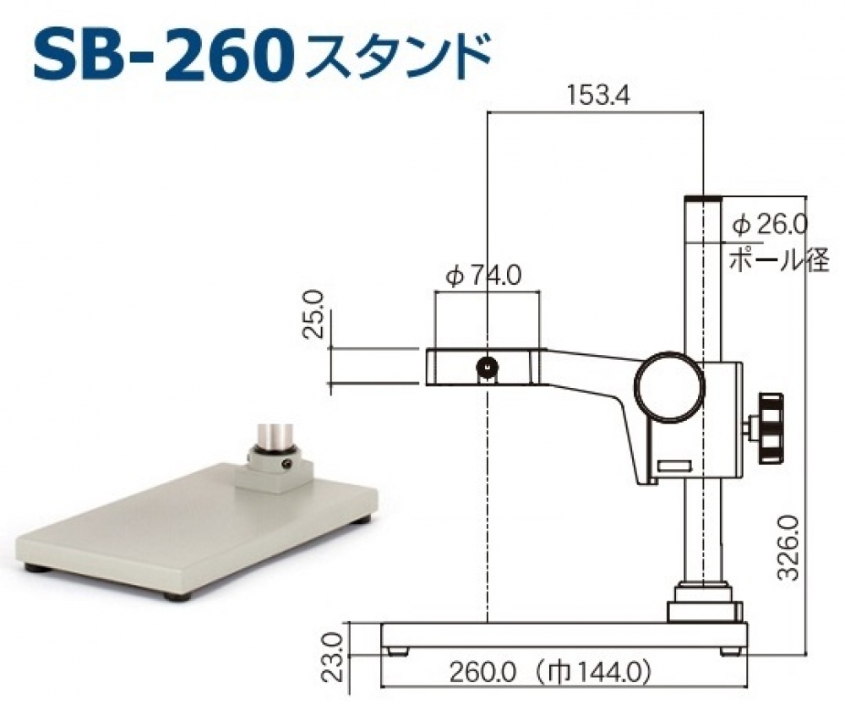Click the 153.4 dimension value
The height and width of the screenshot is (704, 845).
click(598, 96)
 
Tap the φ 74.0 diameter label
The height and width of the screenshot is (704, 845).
click(483, 277)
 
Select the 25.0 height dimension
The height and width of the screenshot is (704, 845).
click(313, 314)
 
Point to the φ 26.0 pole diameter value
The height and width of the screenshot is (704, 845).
click(771, 224)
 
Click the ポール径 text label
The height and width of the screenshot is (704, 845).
click(779, 260)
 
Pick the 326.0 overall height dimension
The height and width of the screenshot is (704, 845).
click(788, 547)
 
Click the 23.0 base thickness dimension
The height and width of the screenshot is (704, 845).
click(335, 657)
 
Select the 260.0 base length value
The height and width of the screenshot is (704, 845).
click(482, 672)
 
